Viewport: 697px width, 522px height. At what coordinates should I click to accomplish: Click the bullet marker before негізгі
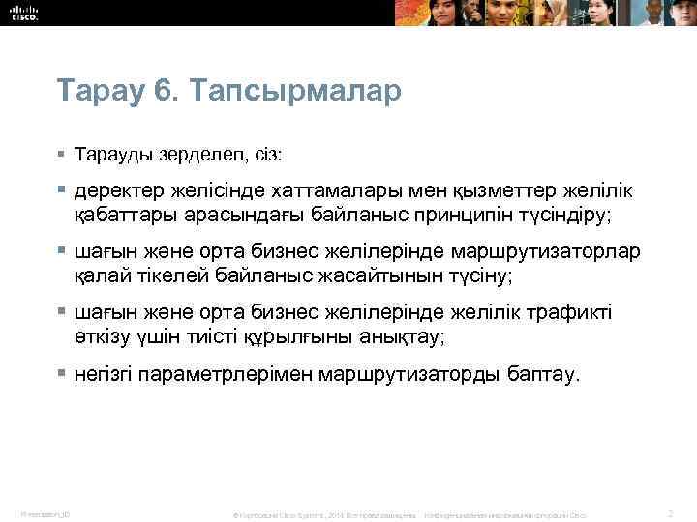click(x=61, y=373)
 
